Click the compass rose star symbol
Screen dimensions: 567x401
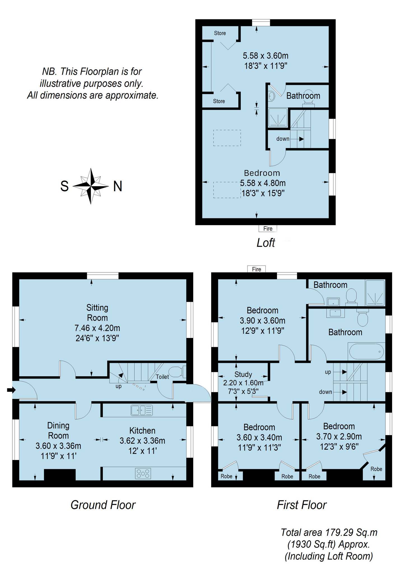(90, 186)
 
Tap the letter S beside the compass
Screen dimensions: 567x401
(64, 186)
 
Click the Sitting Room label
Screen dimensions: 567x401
(97, 313)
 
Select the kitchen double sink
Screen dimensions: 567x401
(142, 410)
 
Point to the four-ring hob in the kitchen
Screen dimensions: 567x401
(143, 473)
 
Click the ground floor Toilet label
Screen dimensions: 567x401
(162, 377)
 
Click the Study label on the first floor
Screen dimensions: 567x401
(243, 374)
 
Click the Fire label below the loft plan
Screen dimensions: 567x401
(268, 228)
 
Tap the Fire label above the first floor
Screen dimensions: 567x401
(257, 269)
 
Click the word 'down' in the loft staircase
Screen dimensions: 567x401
(283, 139)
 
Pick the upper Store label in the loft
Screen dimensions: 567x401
(220, 33)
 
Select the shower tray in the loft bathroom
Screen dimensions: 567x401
(278, 118)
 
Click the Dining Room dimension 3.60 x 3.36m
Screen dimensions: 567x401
(58, 446)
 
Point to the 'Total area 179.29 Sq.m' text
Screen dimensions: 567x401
(329, 532)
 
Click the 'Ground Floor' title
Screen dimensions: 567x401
(103, 505)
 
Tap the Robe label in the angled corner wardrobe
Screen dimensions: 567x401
(376, 469)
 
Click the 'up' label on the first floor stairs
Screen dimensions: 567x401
(328, 372)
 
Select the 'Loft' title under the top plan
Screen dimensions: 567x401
(265, 243)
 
